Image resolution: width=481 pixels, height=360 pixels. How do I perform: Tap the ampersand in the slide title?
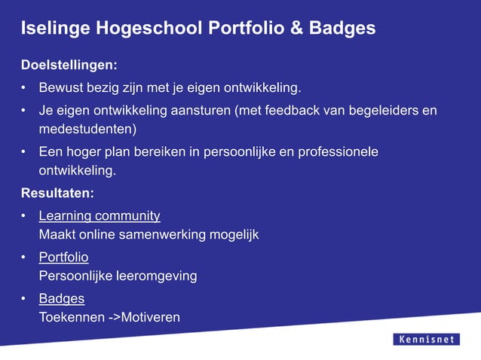[297, 29]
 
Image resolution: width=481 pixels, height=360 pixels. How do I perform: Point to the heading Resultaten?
[57, 193]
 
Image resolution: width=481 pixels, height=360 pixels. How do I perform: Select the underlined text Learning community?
[100, 216]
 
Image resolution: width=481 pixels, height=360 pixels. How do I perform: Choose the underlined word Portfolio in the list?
[63, 258]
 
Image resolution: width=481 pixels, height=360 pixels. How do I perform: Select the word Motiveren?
[151, 317]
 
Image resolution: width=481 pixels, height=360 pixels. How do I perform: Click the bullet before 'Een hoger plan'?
[25, 152]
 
